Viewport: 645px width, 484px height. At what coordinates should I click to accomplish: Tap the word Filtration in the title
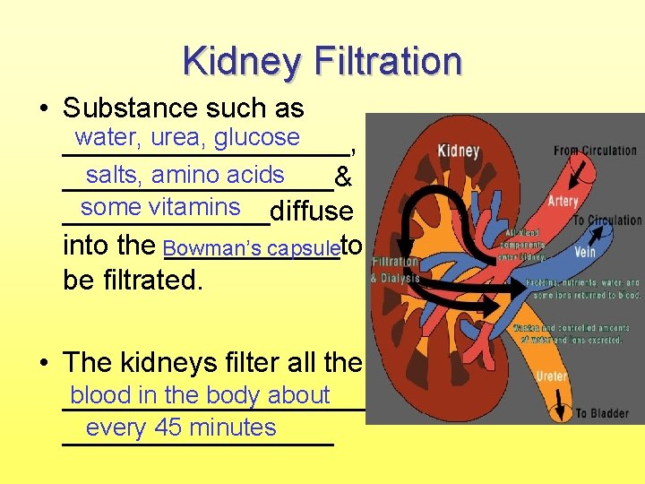[x=388, y=62]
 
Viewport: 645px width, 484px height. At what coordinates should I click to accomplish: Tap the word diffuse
[x=311, y=212]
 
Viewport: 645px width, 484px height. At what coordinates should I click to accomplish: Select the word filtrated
[x=150, y=280]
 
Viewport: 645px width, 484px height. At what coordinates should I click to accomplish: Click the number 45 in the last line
[x=168, y=428]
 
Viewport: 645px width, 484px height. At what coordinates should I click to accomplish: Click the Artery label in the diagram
[x=563, y=202]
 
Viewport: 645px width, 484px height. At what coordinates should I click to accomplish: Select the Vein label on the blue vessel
[x=584, y=252]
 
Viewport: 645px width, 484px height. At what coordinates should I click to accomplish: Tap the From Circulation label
[x=595, y=150]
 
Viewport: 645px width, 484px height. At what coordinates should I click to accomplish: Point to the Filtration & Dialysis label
[x=393, y=269]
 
